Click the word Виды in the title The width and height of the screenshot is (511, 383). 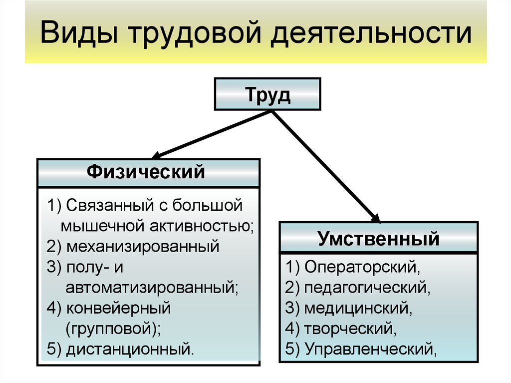79,32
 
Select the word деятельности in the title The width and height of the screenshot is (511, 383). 371,33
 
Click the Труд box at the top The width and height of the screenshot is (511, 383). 267,94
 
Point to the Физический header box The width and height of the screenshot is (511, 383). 149,173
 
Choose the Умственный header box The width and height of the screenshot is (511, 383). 379,238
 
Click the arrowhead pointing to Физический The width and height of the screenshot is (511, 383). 157,155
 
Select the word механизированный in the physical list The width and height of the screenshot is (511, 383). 143,246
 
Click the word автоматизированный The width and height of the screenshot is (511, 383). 152,288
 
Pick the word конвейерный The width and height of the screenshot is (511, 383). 118,308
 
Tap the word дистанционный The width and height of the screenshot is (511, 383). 130,349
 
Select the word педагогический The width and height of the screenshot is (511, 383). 367,288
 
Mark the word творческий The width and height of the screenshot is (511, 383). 350,329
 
